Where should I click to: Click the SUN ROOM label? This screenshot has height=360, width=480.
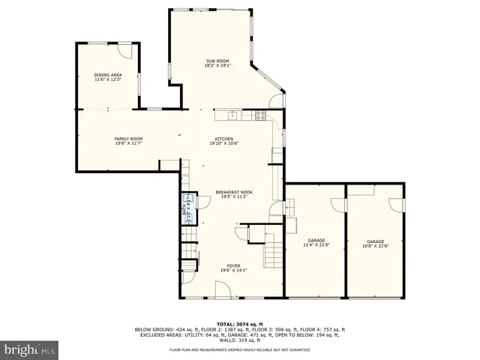coord(217,61)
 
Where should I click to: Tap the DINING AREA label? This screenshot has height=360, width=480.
coord(108,75)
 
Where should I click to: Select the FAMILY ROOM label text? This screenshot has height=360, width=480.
coord(128,139)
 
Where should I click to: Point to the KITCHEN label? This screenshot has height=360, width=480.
coord(223,139)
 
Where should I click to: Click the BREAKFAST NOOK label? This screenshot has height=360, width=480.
coord(234,192)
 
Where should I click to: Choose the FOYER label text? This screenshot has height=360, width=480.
coord(234,265)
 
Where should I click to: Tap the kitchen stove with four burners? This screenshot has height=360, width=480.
coord(260,115)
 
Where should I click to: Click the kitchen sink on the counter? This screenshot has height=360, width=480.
coord(232,115)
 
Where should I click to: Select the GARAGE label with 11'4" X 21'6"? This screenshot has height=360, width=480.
coord(316,241)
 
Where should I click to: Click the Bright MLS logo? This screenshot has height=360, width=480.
coord(29,350)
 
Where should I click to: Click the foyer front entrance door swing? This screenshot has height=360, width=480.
coord(223,289)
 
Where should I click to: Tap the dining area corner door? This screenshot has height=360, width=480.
coord(127,51)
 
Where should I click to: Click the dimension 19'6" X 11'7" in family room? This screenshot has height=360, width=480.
coord(128,144)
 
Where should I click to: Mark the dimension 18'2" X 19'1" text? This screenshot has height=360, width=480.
coord(217,66)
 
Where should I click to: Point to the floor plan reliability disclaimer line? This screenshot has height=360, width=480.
coord(240,350)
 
